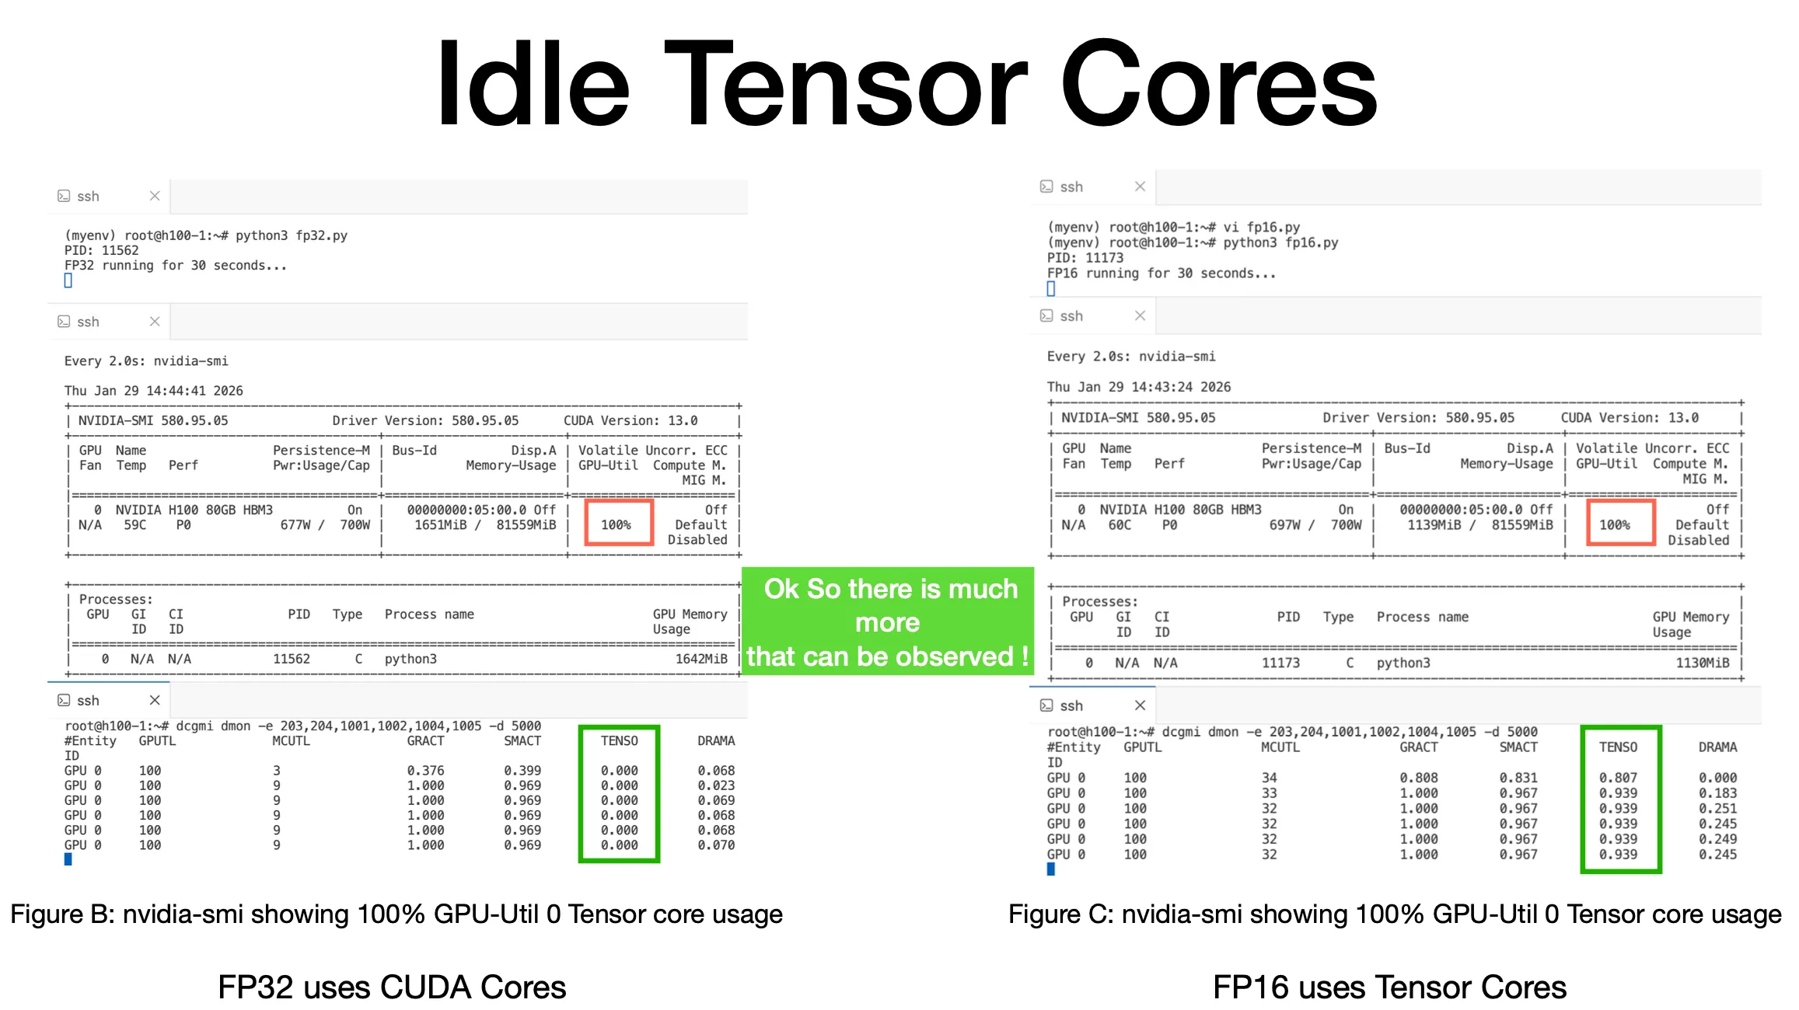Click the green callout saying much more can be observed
click(x=888, y=622)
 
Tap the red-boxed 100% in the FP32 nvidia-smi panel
click(x=616, y=524)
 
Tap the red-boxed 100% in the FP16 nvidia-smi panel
click(x=1614, y=524)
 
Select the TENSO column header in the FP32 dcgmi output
click(x=619, y=740)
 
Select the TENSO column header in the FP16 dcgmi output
click(x=1618, y=747)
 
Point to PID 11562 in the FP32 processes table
click(x=291, y=659)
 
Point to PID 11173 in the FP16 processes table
click(x=1280, y=663)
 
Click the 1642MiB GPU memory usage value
click(x=700, y=659)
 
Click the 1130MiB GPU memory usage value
click(x=1702, y=663)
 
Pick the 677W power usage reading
click(x=295, y=524)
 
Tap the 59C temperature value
click(x=134, y=524)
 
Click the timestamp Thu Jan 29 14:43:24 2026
click(x=1138, y=387)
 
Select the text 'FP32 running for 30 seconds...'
click(x=175, y=266)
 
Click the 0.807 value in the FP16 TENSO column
click(x=1618, y=778)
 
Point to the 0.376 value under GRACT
click(x=425, y=771)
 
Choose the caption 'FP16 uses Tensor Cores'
click(x=1389, y=987)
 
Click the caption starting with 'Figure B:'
click(x=396, y=914)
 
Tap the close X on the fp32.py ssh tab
click(x=155, y=196)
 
